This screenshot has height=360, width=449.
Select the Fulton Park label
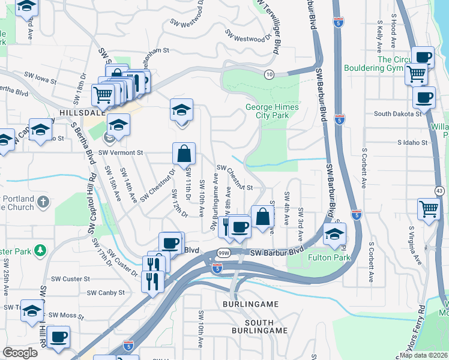click(328, 257)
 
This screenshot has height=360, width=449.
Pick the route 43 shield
click(440, 191)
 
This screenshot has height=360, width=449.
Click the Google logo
click(20, 353)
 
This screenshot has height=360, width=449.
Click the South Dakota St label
click(397, 113)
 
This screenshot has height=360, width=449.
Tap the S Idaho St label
click(412, 143)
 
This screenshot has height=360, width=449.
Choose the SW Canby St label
click(106, 293)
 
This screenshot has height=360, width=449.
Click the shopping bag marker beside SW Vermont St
click(184, 154)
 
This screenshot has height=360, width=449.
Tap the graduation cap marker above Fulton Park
click(334, 234)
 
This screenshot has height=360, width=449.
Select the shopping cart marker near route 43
click(429, 209)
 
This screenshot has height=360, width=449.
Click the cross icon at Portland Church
click(43, 203)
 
